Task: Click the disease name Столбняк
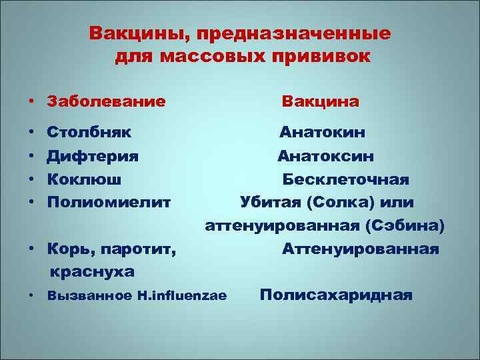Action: coord(89,131)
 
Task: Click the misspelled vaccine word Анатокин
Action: coord(322,131)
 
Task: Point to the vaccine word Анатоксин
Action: coord(326,156)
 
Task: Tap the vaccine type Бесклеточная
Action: coord(345,179)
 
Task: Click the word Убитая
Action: coord(267,202)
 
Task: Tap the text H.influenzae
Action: coord(185,295)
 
